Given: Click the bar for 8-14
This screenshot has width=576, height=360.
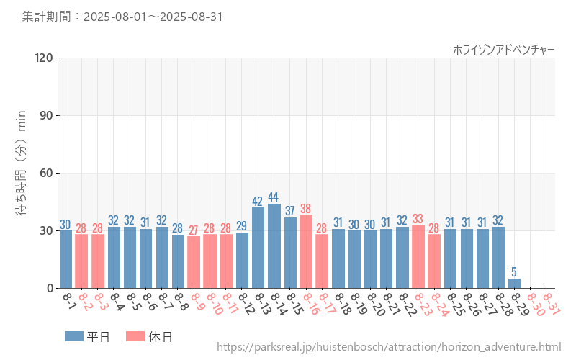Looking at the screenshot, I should (x=274, y=246).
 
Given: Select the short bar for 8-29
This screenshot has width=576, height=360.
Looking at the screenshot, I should (x=514, y=284).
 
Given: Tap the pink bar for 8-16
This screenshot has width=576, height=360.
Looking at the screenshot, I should (x=306, y=252).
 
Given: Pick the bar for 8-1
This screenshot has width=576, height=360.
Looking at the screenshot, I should (x=66, y=259).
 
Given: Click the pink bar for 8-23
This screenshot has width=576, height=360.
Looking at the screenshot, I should (x=418, y=256).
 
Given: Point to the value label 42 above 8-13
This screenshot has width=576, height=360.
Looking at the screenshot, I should (x=258, y=201).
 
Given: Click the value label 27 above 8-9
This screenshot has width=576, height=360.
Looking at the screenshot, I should (x=194, y=230).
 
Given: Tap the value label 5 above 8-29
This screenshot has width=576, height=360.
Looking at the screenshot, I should (x=514, y=272).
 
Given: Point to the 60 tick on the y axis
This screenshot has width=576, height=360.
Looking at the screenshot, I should (x=46, y=173).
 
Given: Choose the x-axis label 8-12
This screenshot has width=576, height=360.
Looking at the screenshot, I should (x=246, y=304).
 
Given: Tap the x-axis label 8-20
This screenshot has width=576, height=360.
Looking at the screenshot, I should (x=374, y=304).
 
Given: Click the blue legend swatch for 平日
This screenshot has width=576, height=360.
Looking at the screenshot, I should (x=74, y=336).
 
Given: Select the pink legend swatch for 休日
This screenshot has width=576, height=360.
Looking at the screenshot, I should (x=135, y=336).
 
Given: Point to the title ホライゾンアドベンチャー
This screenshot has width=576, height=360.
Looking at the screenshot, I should (x=503, y=49).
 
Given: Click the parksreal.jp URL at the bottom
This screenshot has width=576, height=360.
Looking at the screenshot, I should (x=389, y=348).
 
